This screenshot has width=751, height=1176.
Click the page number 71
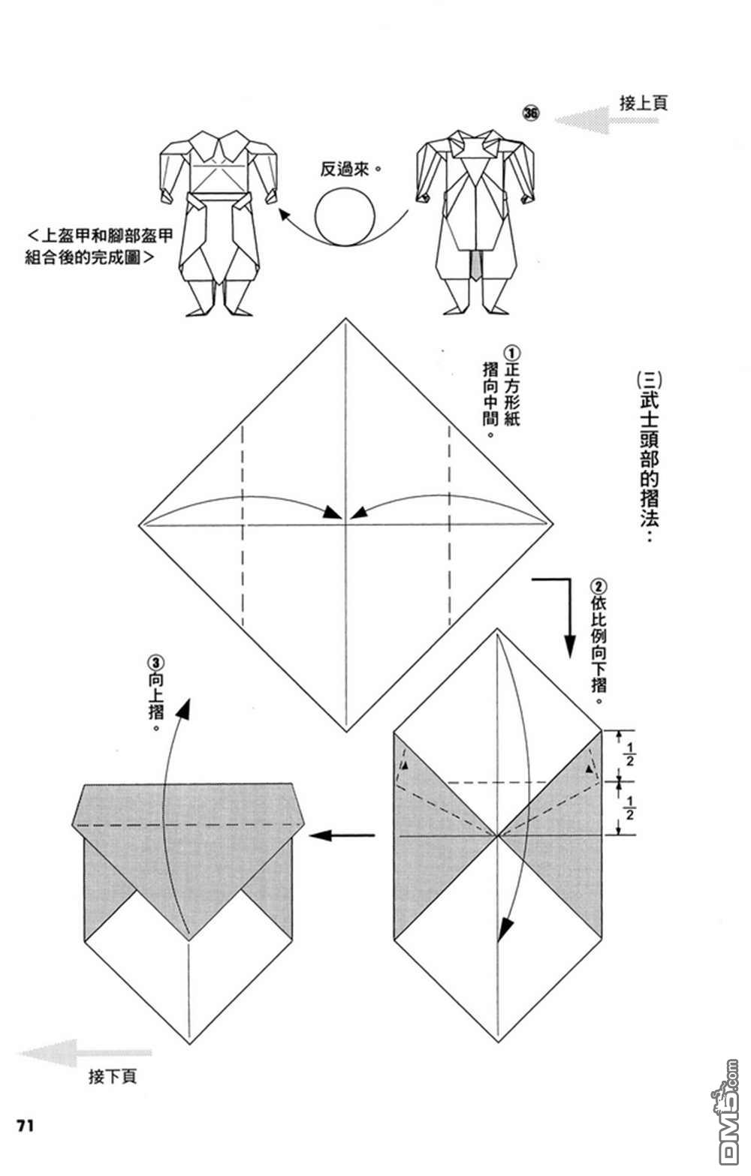click(26, 1126)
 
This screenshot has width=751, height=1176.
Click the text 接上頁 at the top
click(644, 102)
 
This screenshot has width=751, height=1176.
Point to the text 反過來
click(351, 169)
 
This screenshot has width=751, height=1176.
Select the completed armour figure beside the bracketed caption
click(219, 223)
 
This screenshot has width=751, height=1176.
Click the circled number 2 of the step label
click(599, 586)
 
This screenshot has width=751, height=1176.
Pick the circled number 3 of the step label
click(155, 663)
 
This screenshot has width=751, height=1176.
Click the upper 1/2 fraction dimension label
click(629, 754)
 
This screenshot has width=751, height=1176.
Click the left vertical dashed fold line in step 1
click(243, 525)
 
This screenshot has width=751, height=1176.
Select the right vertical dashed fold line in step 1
click(449, 525)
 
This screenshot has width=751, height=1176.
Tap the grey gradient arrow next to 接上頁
click(606, 120)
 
